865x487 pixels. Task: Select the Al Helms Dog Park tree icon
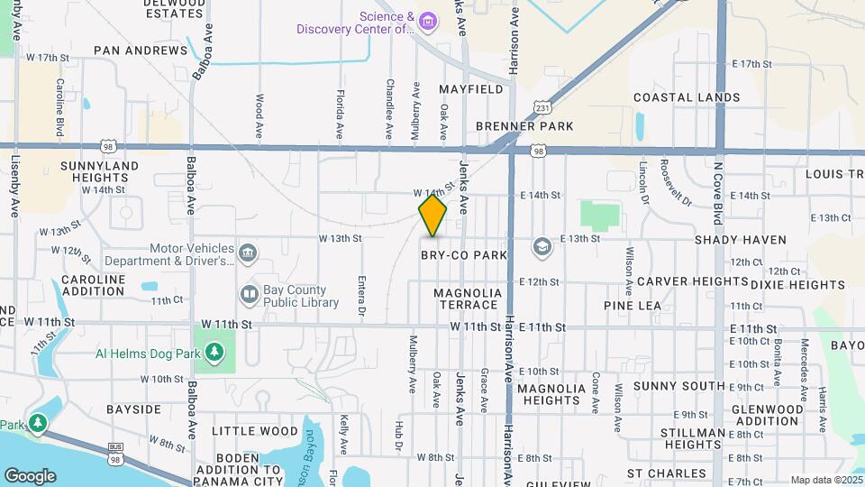[214, 352]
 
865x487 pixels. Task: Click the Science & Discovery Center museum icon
[429, 21]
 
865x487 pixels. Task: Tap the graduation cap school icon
[542, 245]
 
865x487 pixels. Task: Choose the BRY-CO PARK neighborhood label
[465, 256]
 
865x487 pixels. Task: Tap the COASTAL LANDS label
[687, 97]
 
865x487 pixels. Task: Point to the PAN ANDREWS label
[140, 51]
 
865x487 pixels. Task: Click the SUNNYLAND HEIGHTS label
[99, 172]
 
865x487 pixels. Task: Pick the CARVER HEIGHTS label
[693, 281]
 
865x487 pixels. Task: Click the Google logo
[30, 475]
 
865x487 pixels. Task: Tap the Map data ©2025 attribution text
[825, 480]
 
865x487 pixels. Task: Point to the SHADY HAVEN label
[741, 240]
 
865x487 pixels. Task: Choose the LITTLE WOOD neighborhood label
[255, 431]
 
